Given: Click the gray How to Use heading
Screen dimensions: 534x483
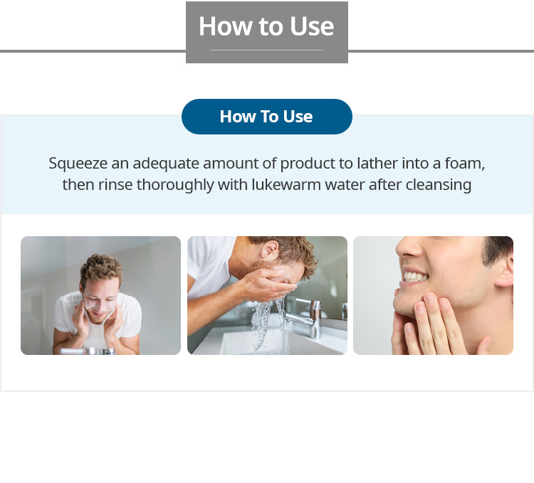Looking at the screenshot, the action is (267, 26).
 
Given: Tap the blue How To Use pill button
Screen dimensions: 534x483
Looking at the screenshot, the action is (267, 117).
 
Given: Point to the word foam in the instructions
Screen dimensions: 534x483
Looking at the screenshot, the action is (464, 164).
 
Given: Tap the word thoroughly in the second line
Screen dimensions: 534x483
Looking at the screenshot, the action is (175, 186).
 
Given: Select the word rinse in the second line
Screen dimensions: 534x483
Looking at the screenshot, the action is (115, 185).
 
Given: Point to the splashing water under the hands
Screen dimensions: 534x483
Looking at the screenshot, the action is (269, 323).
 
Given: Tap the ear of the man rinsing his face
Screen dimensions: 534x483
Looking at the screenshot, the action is (270, 249).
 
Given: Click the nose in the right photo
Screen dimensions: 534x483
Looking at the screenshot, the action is (409, 247).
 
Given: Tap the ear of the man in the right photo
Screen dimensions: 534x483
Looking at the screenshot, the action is (505, 270).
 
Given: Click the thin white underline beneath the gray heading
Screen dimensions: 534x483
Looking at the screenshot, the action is (267, 51).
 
